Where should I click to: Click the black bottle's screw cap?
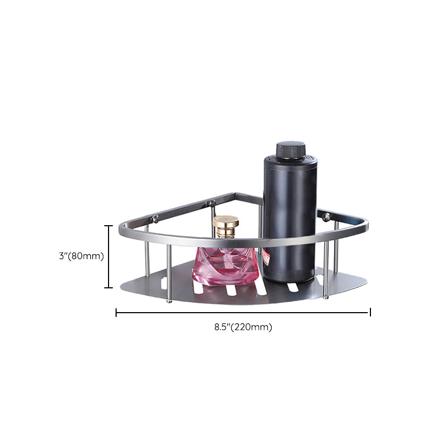tap(291, 151)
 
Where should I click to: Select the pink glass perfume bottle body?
tap(225, 266)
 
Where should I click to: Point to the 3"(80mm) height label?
tap(82, 256)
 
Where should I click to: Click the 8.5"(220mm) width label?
tap(244, 327)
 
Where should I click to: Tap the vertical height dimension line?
tap(109, 256)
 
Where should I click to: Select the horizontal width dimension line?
tap(244, 313)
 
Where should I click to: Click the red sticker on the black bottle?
tap(266, 257)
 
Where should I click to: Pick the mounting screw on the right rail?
tap(326, 217)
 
